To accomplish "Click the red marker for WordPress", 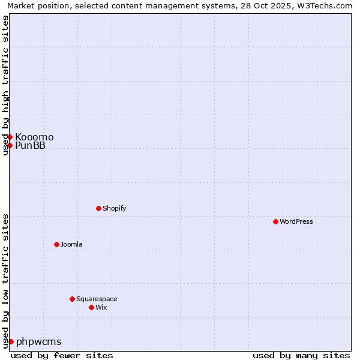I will click(275, 221).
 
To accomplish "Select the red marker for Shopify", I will click(98, 208).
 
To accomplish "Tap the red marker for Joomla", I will click(56, 244).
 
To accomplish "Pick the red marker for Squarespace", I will click(72, 299).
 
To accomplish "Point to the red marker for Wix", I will click(91, 307).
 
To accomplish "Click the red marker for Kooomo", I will click(10, 137).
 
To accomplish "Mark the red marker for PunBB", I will click(10, 145).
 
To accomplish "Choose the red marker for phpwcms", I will click(11, 341).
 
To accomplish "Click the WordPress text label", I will click(296, 221).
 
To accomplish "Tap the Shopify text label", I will click(114, 208).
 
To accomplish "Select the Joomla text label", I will click(71, 244).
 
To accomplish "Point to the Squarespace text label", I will click(97, 299).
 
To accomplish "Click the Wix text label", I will click(101, 307).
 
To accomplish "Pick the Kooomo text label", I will click(34, 137).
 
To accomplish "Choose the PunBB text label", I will click(30, 145).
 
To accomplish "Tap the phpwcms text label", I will click(38, 341).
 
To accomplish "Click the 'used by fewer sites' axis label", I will click(62, 355).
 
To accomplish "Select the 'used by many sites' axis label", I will click(301, 355).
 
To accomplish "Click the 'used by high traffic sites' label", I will click(5, 85).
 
